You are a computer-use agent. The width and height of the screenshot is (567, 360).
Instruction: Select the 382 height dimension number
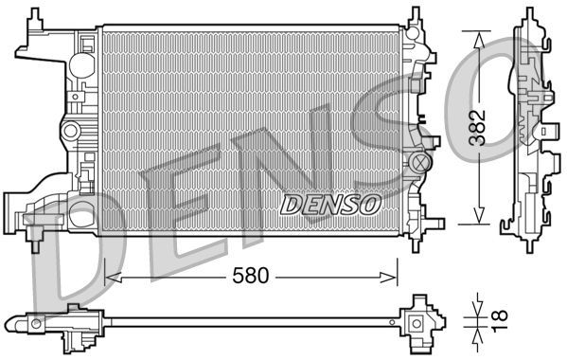[481, 126]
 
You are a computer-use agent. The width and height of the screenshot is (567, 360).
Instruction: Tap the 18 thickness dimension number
[486, 319]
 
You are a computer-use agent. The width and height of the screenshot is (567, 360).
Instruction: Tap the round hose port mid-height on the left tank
[68, 129]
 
